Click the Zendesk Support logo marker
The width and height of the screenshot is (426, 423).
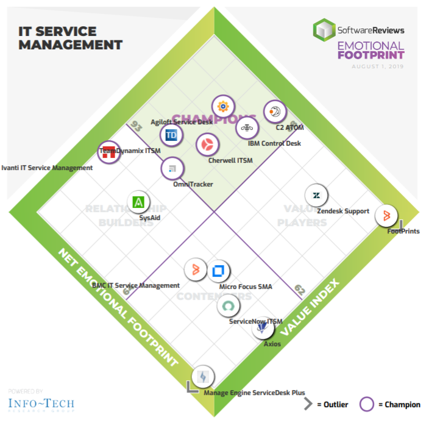[x=316, y=196]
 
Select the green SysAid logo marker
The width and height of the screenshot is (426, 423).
[x=139, y=202]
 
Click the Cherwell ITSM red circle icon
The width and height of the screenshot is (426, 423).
[x=207, y=144]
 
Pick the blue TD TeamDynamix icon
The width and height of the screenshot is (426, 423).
[x=171, y=135]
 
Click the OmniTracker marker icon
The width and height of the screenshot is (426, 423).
[x=172, y=168]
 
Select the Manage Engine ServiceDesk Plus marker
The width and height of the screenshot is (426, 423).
[x=202, y=376]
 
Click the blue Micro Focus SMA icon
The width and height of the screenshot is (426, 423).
[x=218, y=270]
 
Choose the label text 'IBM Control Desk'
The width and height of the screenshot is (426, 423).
[x=274, y=144]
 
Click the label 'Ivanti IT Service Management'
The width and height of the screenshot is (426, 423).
[x=47, y=168]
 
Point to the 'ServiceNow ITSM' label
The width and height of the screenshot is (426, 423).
[x=256, y=321]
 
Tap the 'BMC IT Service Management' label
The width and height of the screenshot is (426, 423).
[x=135, y=285]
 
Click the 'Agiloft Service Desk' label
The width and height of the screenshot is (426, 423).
[x=182, y=122]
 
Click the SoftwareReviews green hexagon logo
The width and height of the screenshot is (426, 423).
[x=324, y=29]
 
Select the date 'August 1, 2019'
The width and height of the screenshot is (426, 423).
[x=378, y=66]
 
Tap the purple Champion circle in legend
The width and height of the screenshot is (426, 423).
[x=367, y=403]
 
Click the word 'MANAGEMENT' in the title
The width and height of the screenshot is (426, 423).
[x=71, y=44]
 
